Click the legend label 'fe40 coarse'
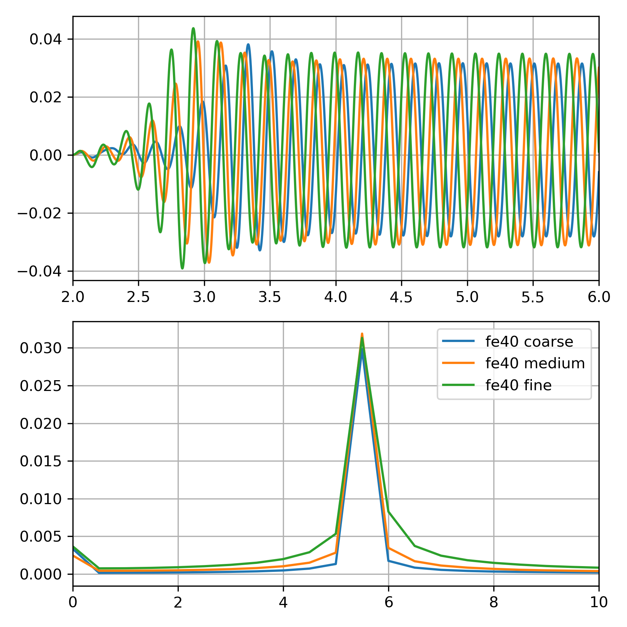[529, 342]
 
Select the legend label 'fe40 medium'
[535, 363]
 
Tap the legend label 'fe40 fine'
[518, 385]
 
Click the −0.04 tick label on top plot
[40, 271]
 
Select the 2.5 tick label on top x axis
[138, 297]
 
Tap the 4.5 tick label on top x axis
[401, 297]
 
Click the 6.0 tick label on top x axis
[599, 297]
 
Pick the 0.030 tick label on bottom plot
[41, 348]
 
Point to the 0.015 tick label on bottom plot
[41, 461]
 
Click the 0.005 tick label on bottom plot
[41, 537]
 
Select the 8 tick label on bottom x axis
[494, 602]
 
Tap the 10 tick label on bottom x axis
[599, 602]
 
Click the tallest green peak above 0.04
[194, 28]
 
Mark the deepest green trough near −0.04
[182, 268]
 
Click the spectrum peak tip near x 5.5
[362, 334]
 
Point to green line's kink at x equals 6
[388, 512]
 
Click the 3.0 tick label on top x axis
[204, 297]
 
